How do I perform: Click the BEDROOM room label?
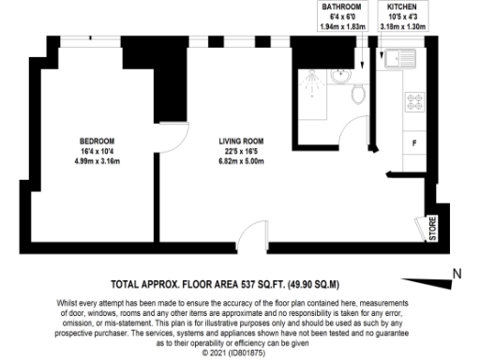(x=97, y=142)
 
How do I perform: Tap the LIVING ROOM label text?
(x=228, y=142)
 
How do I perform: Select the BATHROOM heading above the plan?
(x=341, y=7)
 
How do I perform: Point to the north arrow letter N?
(x=457, y=274)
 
